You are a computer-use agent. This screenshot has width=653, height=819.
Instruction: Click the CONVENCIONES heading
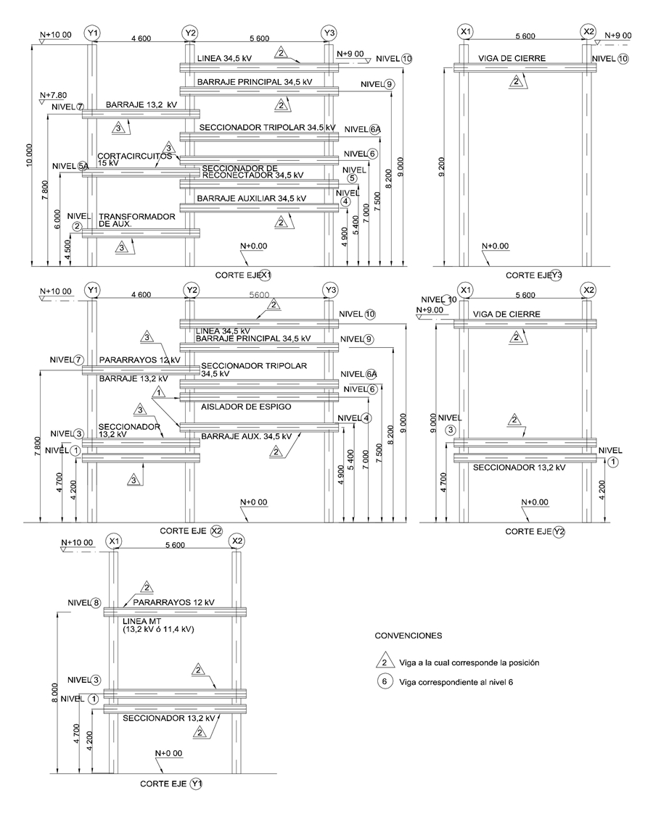coord(407,635)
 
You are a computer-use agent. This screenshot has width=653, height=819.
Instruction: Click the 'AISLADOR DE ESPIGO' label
coord(246,407)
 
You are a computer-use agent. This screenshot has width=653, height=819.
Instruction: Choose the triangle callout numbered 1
coord(157,392)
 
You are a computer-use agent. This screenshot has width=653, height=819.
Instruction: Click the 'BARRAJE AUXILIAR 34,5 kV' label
coord(250,198)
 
